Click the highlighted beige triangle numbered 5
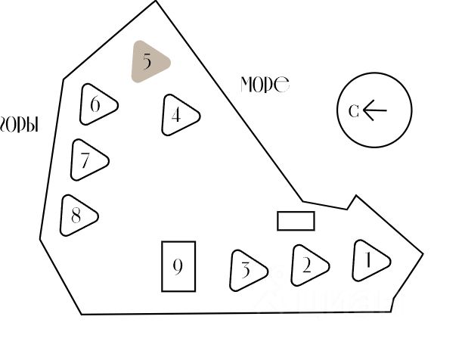click(149, 62)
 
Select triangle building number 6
click(98, 104)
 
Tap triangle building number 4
click(179, 116)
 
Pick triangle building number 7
click(88, 160)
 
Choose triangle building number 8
click(78, 216)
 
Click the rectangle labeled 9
click(178, 266)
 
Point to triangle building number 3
click(247, 269)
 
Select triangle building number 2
click(308, 265)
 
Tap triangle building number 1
click(370, 261)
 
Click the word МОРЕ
click(265, 85)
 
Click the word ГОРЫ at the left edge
click(18, 124)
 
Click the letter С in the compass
click(353, 111)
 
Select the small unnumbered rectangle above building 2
click(296, 221)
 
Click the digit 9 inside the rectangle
click(178, 266)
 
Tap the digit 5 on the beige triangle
click(147, 61)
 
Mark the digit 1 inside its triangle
click(368, 261)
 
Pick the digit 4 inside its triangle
click(176, 116)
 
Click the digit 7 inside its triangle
click(85, 160)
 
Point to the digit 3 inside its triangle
click(245, 269)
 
